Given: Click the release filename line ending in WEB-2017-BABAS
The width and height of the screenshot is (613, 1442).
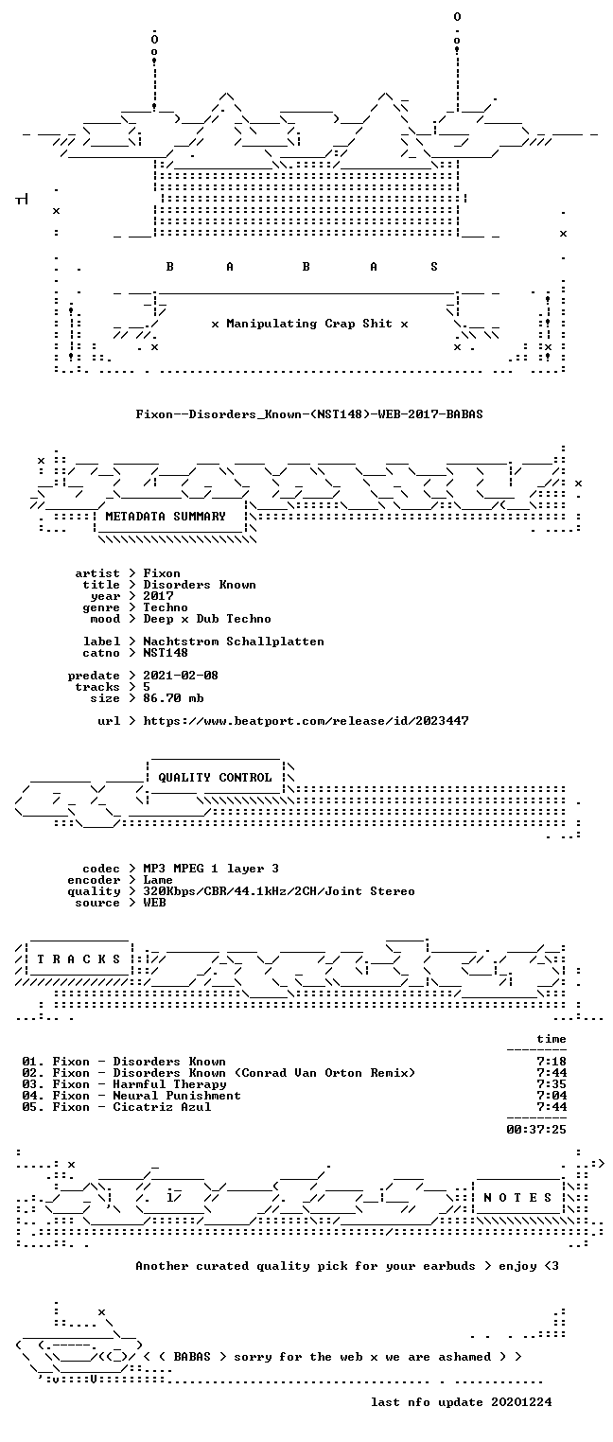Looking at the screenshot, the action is click(x=309, y=414).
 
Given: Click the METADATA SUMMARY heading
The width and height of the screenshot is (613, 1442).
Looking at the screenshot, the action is click(x=166, y=517).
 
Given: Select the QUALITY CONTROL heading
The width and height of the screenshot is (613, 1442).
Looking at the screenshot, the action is click(x=215, y=778).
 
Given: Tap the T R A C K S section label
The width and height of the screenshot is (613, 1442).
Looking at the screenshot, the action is click(x=79, y=959).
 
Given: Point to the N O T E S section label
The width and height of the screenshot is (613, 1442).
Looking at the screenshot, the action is click(x=517, y=1197).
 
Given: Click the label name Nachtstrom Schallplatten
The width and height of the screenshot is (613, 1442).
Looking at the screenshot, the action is click(x=233, y=642).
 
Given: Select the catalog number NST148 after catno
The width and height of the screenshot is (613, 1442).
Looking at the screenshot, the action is click(x=166, y=653).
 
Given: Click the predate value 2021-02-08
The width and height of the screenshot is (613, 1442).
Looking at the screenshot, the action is click(x=181, y=676).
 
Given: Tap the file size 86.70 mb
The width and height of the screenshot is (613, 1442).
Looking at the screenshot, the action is click(x=173, y=698).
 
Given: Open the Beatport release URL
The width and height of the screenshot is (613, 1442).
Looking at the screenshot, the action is click(x=306, y=721).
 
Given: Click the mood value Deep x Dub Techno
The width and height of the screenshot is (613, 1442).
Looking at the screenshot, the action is click(x=206, y=620).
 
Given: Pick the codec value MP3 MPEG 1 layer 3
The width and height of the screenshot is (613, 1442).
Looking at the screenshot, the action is click(x=211, y=869).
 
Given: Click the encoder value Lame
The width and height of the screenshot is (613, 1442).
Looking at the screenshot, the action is click(x=158, y=880).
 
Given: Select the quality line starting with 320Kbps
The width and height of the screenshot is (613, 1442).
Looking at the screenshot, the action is click(x=279, y=891).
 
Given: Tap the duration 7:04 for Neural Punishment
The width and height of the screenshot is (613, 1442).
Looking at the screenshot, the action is click(x=552, y=1096).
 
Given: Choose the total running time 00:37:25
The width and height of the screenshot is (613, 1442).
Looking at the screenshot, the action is click(x=536, y=1130).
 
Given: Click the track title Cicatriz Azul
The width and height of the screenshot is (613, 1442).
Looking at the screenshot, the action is click(x=162, y=1107).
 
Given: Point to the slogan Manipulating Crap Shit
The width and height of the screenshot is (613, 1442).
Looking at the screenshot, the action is click(x=309, y=324).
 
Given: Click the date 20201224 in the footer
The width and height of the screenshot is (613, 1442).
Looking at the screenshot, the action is click(x=521, y=1402).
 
